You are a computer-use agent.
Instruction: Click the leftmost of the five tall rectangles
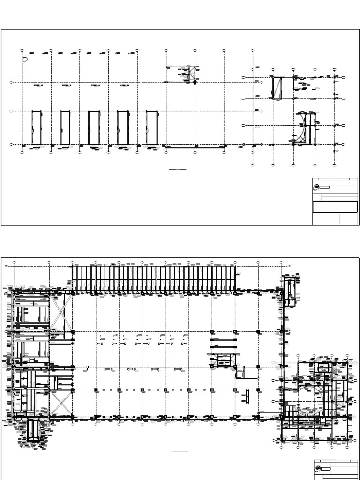pos(36,127)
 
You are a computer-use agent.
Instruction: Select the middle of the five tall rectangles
pos(94,127)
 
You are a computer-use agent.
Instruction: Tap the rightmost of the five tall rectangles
pos(151,127)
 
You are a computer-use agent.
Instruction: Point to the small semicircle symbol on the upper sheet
pos(25,60)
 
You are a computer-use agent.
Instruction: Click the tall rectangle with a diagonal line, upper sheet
pos(278,88)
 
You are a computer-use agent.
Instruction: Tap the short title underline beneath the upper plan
pos(177,169)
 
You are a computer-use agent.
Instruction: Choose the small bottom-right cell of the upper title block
pos(349,219)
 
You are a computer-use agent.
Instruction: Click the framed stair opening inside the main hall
pos(224,360)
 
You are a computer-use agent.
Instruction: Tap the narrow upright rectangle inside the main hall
pos(246,397)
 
